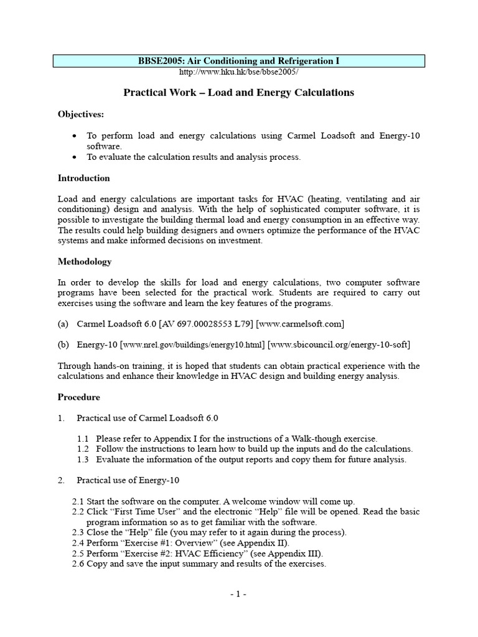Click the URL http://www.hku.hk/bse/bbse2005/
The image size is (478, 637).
click(239, 72)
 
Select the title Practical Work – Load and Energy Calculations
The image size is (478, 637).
click(238, 93)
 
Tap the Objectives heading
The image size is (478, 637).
click(81, 114)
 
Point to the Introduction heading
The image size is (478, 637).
click(83, 178)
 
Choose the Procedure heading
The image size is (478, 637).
click(78, 397)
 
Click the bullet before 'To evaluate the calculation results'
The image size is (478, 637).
click(75, 157)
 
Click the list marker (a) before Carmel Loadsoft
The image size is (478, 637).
click(63, 324)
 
